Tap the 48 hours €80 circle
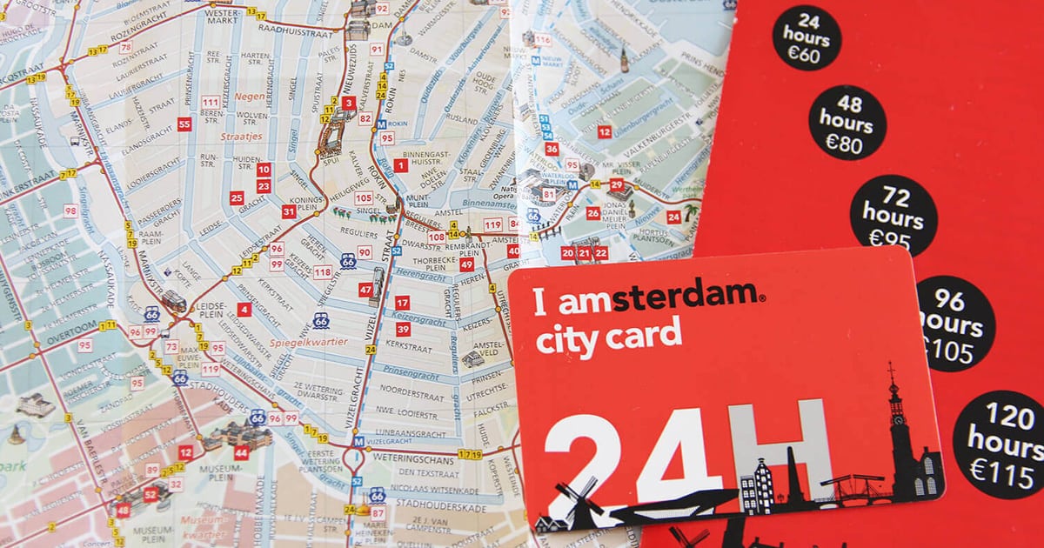click(x=847, y=123)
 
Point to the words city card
click(x=608, y=337)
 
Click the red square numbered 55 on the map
click(x=184, y=124)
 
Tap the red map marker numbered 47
click(x=365, y=290)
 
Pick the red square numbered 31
click(x=289, y=211)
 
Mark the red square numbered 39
click(x=402, y=330)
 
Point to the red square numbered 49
click(x=467, y=264)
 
